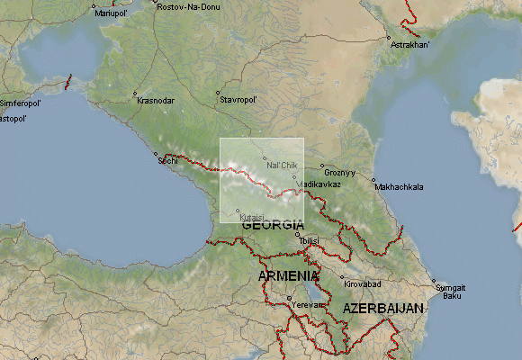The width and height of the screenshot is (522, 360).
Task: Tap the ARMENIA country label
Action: tap(288, 275)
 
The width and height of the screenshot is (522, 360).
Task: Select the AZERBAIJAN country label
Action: tap(382, 309)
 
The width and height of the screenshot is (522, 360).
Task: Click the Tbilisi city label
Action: tap(310, 241)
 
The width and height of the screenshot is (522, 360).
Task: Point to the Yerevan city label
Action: tap(307, 304)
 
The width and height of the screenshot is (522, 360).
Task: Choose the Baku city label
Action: tap(453, 296)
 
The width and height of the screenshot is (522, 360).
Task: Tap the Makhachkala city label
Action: tap(398, 187)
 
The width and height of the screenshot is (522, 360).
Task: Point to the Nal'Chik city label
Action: tap(282, 166)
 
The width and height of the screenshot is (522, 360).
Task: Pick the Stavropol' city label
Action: tap(238, 99)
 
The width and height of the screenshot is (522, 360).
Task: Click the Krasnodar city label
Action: tap(157, 101)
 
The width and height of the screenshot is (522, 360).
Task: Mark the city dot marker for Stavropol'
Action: tap(218, 93)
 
